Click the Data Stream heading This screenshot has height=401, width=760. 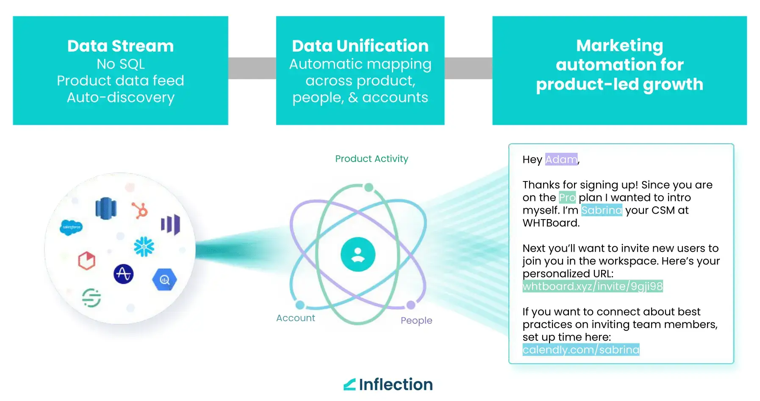[120, 46]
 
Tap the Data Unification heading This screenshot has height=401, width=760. [360, 46]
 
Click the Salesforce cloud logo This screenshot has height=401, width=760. [71, 227]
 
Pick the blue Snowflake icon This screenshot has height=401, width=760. [144, 247]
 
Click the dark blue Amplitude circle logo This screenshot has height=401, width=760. [124, 274]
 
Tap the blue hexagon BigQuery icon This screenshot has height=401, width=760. [164, 280]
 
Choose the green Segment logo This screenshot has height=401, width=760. [92, 297]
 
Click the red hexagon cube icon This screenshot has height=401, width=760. [86, 261]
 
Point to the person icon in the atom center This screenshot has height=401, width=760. [358, 254]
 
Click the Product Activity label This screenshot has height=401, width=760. [372, 159]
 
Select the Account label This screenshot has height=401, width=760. [296, 318]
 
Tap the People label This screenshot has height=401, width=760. [416, 321]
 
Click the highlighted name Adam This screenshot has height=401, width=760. [561, 159]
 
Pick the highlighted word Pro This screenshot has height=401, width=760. [567, 198]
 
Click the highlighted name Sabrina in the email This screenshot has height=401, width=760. [602, 210]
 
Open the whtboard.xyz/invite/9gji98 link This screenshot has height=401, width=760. [593, 286]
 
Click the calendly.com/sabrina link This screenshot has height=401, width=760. [581, 350]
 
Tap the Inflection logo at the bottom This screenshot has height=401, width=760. [388, 385]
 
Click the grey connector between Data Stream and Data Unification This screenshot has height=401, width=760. [252, 68]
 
